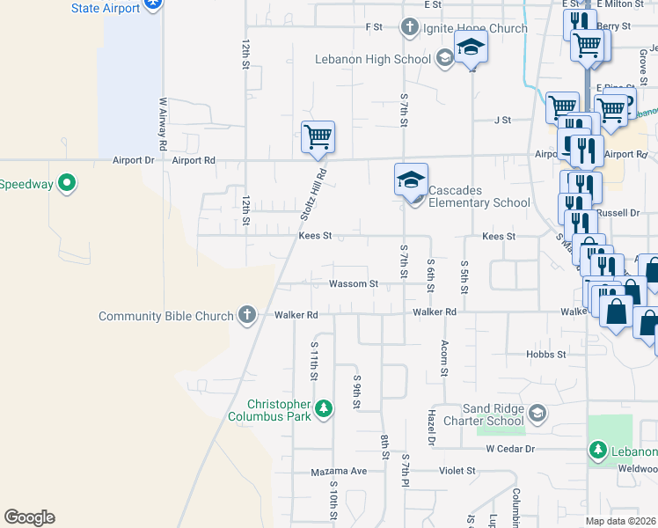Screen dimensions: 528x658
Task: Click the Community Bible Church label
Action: click(166, 316)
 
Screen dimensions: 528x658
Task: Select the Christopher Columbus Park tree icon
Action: click(325, 409)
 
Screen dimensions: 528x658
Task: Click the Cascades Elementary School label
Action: click(480, 202)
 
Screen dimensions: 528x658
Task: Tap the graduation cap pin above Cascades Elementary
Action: click(411, 180)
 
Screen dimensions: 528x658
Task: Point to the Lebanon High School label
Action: click(374, 59)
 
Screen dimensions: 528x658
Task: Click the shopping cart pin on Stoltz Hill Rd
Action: click(318, 137)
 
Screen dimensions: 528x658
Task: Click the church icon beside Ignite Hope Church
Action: click(408, 27)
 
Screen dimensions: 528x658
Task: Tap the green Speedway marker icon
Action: click(67, 184)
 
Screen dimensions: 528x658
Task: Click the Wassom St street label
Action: click(354, 284)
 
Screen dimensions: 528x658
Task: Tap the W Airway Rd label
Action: click(163, 122)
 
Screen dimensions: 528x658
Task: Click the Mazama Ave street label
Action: click(339, 472)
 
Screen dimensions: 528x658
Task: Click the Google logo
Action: click(29, 517)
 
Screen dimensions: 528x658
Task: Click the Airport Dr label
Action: click(133, 161)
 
